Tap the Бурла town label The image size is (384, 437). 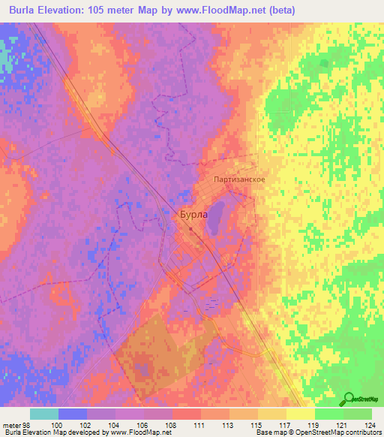(193, 214)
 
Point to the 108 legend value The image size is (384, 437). (172, 425)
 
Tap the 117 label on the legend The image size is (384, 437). (286, 425)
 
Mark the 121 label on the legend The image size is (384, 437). (343, 425)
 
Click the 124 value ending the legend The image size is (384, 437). (371, 425)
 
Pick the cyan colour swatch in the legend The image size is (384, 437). (44, 414)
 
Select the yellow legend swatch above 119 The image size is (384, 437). (300, 414)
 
